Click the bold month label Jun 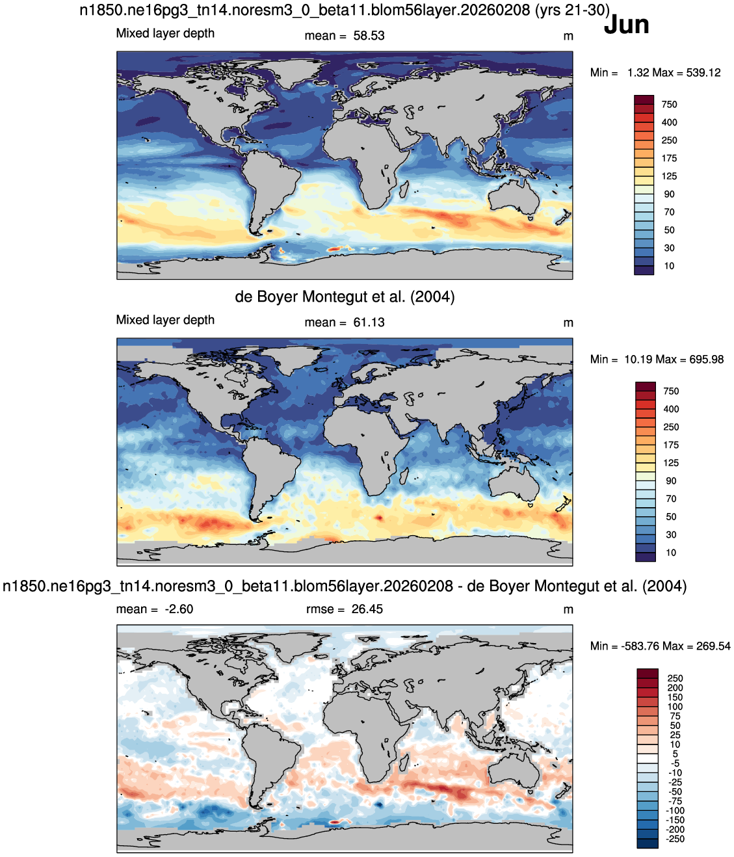[626, 25]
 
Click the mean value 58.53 [369, 36]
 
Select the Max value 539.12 [703, 73]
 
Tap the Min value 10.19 [637, 359]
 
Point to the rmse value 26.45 [367, 609]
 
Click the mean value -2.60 [179, 609]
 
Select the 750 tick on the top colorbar [670, 105]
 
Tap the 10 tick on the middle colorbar [670, 552]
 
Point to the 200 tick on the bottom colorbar [675, 687]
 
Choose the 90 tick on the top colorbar [669, 194]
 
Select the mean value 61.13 [369, 322]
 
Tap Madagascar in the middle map [403, 475]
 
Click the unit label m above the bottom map [568, 609]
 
